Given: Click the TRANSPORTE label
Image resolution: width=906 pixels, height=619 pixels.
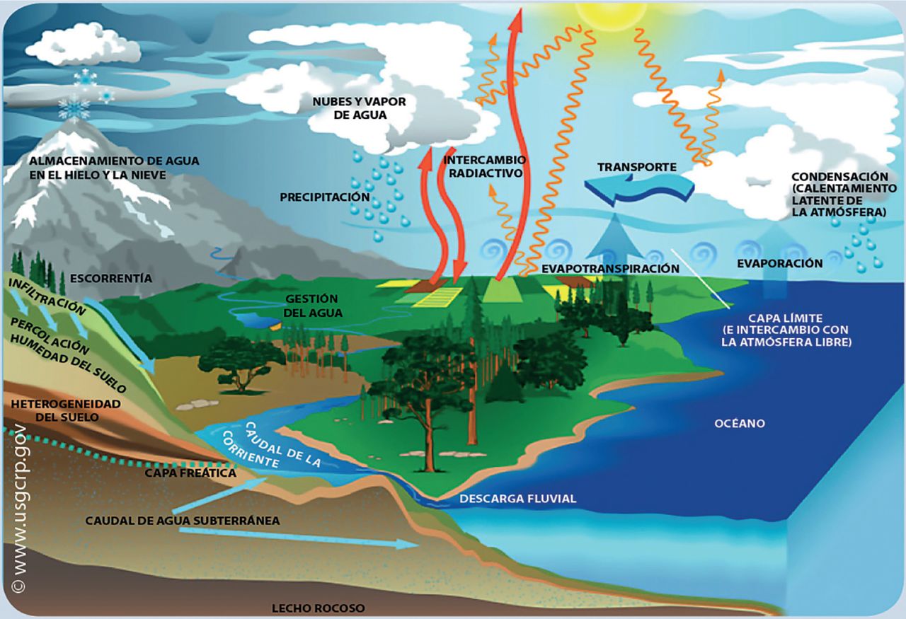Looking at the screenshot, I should tap(637, 168).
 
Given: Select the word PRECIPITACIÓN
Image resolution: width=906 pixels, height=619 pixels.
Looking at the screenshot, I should tap(325, 197).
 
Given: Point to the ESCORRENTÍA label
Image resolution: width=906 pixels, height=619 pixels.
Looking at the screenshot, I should tap(111, 278).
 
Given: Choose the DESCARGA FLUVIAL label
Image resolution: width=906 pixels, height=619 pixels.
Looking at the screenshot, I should tap(518, 499).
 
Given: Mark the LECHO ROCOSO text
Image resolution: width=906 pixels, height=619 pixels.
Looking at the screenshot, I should tap(319, 608).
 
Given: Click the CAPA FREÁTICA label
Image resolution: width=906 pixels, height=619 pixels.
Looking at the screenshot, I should tap(190, 473).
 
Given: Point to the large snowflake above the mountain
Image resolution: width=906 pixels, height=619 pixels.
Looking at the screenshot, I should tap(74, 108).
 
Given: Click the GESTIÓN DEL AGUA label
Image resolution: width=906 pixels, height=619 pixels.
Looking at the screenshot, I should tap(311, 306).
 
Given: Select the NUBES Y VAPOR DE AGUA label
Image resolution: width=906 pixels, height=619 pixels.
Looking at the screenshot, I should tap(360, 108).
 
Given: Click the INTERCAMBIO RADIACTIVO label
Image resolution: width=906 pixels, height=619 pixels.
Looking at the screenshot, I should tap(485, 166).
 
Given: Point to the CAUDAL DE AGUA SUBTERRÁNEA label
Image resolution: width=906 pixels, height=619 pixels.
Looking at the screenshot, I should tap(183, 520).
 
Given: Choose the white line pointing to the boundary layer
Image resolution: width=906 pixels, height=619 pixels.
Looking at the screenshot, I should tap(701, 277).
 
